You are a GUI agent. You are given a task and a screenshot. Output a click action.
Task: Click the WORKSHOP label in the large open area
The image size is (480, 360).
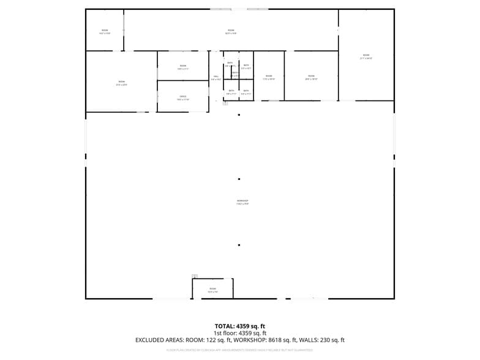click(242, 201)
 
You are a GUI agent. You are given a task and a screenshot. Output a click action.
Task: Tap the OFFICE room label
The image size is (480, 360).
click(182, 97)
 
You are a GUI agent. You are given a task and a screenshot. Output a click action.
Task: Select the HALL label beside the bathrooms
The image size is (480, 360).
click(216, 77)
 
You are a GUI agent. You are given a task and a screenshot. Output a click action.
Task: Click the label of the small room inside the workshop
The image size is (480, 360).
click(212, 290)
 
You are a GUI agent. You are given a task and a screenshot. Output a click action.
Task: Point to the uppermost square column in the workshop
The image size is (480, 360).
click(239, 114)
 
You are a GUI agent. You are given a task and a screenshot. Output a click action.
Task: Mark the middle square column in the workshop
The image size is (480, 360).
click(239, 179)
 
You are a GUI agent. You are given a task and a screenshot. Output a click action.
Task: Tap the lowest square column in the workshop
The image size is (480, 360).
click(239, 245)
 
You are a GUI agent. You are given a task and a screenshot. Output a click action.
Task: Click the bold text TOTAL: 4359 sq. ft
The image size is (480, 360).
click(239, 326)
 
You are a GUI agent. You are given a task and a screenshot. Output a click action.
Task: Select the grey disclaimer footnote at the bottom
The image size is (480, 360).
click(239, 350)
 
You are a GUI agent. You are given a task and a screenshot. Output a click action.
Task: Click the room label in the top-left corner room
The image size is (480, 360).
click(105, 31)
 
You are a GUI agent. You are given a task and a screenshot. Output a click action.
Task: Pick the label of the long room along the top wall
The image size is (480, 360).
click(231, 31)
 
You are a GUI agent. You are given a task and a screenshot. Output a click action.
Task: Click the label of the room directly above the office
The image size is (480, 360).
click(182, 67)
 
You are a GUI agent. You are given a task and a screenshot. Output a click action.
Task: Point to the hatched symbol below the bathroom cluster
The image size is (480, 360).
click(225, 103)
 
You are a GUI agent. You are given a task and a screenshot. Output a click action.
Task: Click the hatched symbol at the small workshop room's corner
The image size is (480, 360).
click(195, 276)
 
